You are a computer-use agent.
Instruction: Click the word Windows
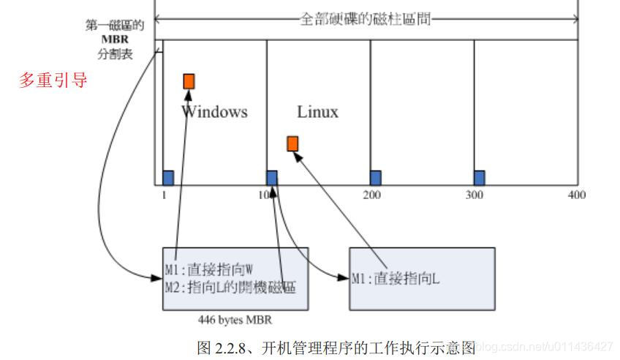(x=214, y=112)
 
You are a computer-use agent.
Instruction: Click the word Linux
(x=317, y=112)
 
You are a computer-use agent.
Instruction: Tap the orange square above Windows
(x=189, y=81)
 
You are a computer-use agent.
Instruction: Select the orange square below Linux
(x=292, y=143)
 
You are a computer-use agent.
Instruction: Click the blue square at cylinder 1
(x=167, y=177)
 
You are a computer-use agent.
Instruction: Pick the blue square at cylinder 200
(x=375, y=177)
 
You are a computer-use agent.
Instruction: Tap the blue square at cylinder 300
(x=479, y=177)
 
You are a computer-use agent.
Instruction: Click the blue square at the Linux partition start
(x=271, y=177)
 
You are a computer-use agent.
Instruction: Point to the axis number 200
(x=371, y=195)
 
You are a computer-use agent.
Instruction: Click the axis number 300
(x=475, y=195)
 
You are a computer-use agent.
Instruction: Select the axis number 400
(x=575, y=195)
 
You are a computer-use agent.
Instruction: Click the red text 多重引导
(x=53, y=80)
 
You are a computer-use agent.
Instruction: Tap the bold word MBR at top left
(x=113, y=40)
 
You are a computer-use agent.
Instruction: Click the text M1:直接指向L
(x=396, y=278)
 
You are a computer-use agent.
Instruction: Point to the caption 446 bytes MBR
(x=235, y=320)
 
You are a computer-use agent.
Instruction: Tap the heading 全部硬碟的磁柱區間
(x=366, y=19)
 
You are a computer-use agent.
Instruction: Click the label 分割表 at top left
(x=113, y=53)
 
